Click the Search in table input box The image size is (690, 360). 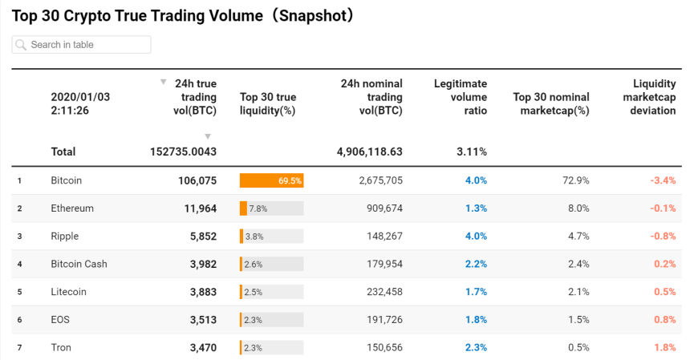82,45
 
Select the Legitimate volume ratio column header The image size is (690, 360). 460,97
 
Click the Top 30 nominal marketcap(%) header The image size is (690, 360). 550,103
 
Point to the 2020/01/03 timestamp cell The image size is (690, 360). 80,103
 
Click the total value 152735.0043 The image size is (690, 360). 183,152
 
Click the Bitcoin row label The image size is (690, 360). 66,181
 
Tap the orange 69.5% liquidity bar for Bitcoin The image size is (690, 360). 271,181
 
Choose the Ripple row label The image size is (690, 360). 64,237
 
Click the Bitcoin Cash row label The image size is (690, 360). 79,264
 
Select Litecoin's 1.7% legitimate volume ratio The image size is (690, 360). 475,292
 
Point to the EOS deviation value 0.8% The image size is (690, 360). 664,319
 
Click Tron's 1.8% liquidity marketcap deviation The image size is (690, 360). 664,347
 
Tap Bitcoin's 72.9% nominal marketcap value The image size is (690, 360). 576,181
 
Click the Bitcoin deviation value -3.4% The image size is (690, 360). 663,181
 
